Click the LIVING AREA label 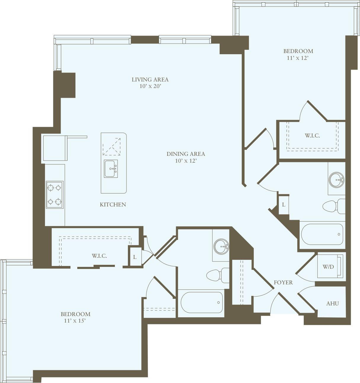pos(150,80)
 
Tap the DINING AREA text pos(186,154)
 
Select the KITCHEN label pos(113,205)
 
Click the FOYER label pos(283,283)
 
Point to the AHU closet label pos(332,304)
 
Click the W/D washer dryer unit pos(330,266)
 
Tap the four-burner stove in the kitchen pos(54,195)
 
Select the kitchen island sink pos(111,169)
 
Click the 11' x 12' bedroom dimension pos(298,58)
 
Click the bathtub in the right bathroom pos(322,234)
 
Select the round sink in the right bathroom pos(337,180)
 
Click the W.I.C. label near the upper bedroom pos(312,136)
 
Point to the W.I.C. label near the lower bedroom pos(99,256)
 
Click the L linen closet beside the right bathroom pos(284,205)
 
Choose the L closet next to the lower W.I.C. pos(135,257)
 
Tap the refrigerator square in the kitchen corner pos(55,148)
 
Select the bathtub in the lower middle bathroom pos(202,302)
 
